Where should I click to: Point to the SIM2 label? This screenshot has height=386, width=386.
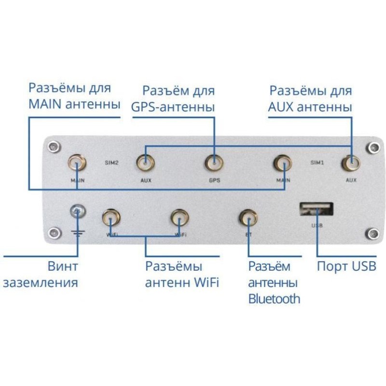coord(111,163)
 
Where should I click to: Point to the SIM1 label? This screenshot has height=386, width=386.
coord(317,163)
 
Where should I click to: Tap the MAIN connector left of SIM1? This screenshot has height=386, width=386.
coord(283,164)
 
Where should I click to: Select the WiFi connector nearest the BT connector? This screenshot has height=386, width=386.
coord(179,218)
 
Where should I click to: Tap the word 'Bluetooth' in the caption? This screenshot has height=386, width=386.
coord(274,299)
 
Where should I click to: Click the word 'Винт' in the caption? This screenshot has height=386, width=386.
coord(62,266)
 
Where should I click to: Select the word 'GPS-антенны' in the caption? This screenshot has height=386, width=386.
coord(173,107)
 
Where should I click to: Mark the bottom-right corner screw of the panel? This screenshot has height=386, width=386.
coord(372,234)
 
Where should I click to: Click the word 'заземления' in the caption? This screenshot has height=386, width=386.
coord(41,282)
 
